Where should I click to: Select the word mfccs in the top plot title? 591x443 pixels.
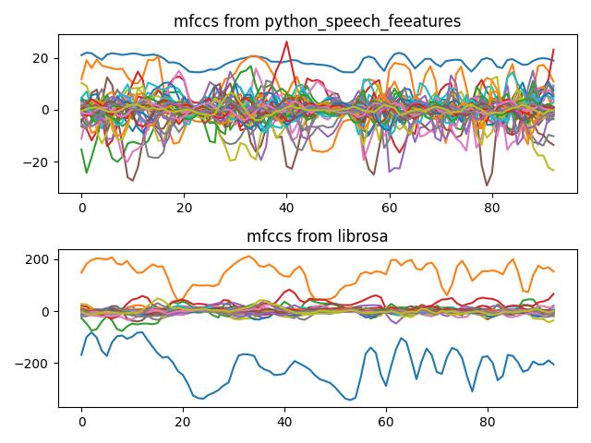194,22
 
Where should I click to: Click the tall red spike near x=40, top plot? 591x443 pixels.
286,42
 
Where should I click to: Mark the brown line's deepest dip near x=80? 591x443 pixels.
487,185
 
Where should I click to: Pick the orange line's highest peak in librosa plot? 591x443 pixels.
248,257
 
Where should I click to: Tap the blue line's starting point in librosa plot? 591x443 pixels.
81,354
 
